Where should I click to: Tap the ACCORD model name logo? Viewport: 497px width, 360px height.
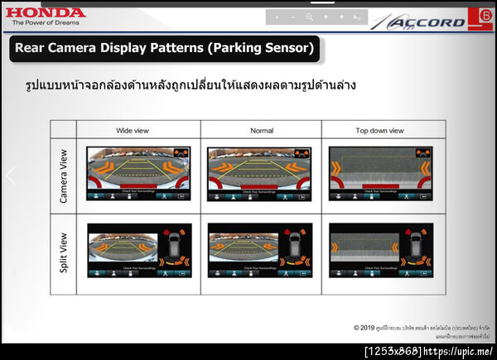[431, 22]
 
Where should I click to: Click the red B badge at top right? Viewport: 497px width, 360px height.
[485, 17]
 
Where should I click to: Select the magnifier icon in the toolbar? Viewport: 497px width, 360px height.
[309, 17]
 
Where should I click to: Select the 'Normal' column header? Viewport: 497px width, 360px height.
[261, 131]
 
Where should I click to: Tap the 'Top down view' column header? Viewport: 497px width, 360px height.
[379, 131]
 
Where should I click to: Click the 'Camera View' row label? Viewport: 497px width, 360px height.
[64, 175]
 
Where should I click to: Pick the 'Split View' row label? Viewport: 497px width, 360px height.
[64, 253]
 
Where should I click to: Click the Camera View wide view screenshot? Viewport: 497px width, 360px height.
[138, 175]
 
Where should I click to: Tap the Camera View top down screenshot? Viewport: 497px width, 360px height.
[381, 175]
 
